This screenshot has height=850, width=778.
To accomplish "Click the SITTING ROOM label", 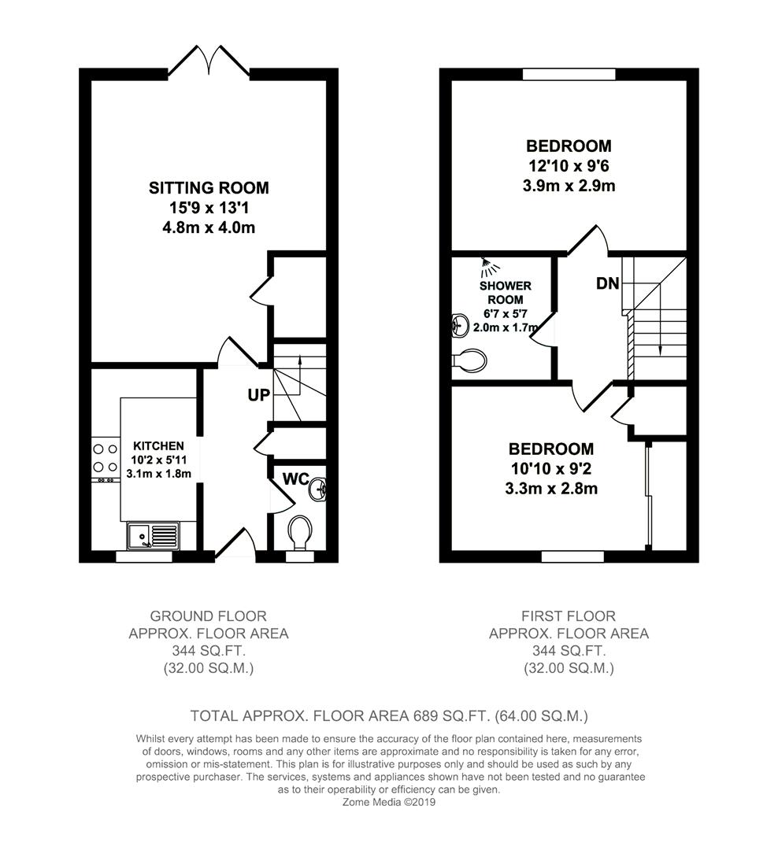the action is [209, 187].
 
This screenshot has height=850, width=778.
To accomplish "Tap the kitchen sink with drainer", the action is [153, 535].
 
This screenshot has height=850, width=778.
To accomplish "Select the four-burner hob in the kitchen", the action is [106, 458].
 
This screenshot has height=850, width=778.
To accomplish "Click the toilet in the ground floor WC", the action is [300, 532].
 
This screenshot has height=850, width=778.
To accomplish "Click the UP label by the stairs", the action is [259, 395].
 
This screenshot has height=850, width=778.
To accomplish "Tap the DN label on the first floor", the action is [608, 283].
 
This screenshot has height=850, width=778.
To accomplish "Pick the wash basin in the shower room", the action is [461, 325].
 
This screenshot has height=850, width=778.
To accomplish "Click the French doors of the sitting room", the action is [209, 61].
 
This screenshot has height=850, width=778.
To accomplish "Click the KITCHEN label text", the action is [158, 446].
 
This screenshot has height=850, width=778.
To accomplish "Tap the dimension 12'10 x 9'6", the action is [569, 166].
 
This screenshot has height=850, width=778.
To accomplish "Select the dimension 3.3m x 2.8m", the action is [551, 489].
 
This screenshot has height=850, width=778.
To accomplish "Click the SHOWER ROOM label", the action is [505, 293].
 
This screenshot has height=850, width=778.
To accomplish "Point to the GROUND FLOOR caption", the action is [209, 616].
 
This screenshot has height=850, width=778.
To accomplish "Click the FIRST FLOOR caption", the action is [569, 616].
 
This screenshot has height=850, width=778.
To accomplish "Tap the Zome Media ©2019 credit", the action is [389, 802].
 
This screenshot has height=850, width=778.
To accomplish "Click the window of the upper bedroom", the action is [569, 74].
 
